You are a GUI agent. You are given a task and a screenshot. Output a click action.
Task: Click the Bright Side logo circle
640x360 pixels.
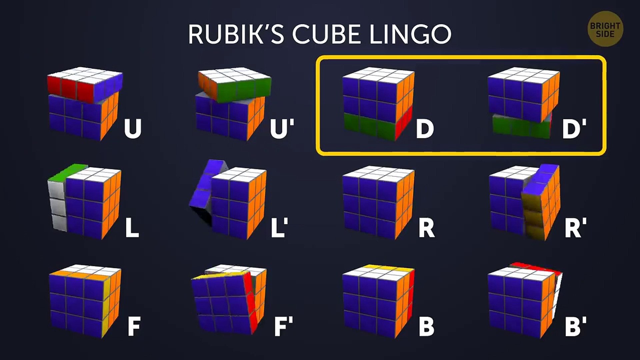click(x=605, y=29)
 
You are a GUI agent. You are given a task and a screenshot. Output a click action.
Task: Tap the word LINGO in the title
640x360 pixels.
click(x=411, y=34)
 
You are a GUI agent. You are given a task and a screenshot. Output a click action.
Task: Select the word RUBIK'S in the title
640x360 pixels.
click(x=236, y=34)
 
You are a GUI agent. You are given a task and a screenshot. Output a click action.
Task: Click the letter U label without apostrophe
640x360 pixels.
click(x=133, y=128)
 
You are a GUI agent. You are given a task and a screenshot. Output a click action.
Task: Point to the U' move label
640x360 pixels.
click(x=282, y=128)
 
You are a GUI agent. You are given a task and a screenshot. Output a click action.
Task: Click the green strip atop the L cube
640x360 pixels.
click(x=69, y=172)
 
